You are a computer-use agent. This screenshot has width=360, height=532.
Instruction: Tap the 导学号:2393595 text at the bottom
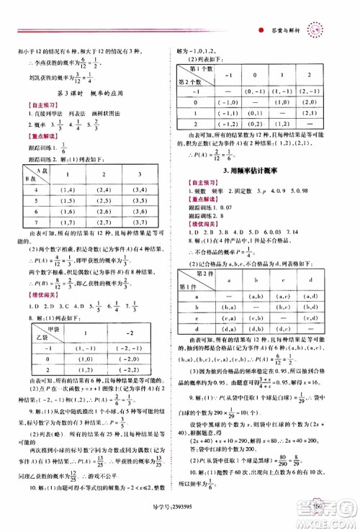click(x=179, y=520)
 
